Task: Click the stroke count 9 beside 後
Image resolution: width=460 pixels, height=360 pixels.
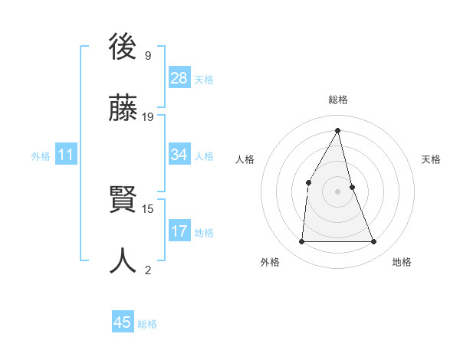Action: click(148, 56)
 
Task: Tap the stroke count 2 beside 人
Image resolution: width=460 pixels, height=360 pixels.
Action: click(148, 269)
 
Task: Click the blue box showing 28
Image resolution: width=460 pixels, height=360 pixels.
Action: click(179, 78)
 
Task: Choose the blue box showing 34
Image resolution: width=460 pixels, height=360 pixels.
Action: click(179, 155)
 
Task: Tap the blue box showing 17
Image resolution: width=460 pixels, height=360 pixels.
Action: click(179, 231)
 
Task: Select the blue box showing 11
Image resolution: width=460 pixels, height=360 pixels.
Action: click(66, 155)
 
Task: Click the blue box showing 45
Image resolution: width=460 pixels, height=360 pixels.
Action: click(123, 322)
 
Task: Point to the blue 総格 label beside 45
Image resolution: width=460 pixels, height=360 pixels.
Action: click(147, 324)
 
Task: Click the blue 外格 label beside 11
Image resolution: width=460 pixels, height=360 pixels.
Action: click(41, 156)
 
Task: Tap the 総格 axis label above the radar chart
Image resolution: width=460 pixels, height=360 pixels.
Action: click(338, 100)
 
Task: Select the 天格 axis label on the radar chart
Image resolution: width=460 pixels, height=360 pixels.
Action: click(431, 159)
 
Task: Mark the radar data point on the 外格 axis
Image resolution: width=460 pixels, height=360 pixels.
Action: click(301, 241)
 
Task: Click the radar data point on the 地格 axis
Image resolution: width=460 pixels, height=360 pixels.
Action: click(374, 241)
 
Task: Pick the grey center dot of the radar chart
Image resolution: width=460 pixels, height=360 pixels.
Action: click(337, 191)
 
